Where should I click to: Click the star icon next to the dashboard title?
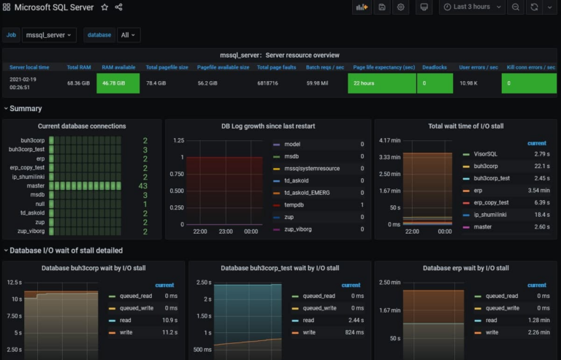[x=104, y=7]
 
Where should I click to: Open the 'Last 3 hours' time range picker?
[x=472, y=7]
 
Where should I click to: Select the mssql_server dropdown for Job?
[x=49, y=34]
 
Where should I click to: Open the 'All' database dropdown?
[x=129, y=34]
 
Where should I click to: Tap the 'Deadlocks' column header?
[x=435, y=67]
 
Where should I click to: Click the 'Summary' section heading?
[x=26, y=109]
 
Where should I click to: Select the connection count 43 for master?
[x=142, y=185]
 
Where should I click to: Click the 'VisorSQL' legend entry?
[x=486, y=154]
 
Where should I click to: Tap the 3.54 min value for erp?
[x=538, y=191]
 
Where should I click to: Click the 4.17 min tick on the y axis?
[x=389, y=140]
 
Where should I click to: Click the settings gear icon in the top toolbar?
[x=400, y=7]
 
